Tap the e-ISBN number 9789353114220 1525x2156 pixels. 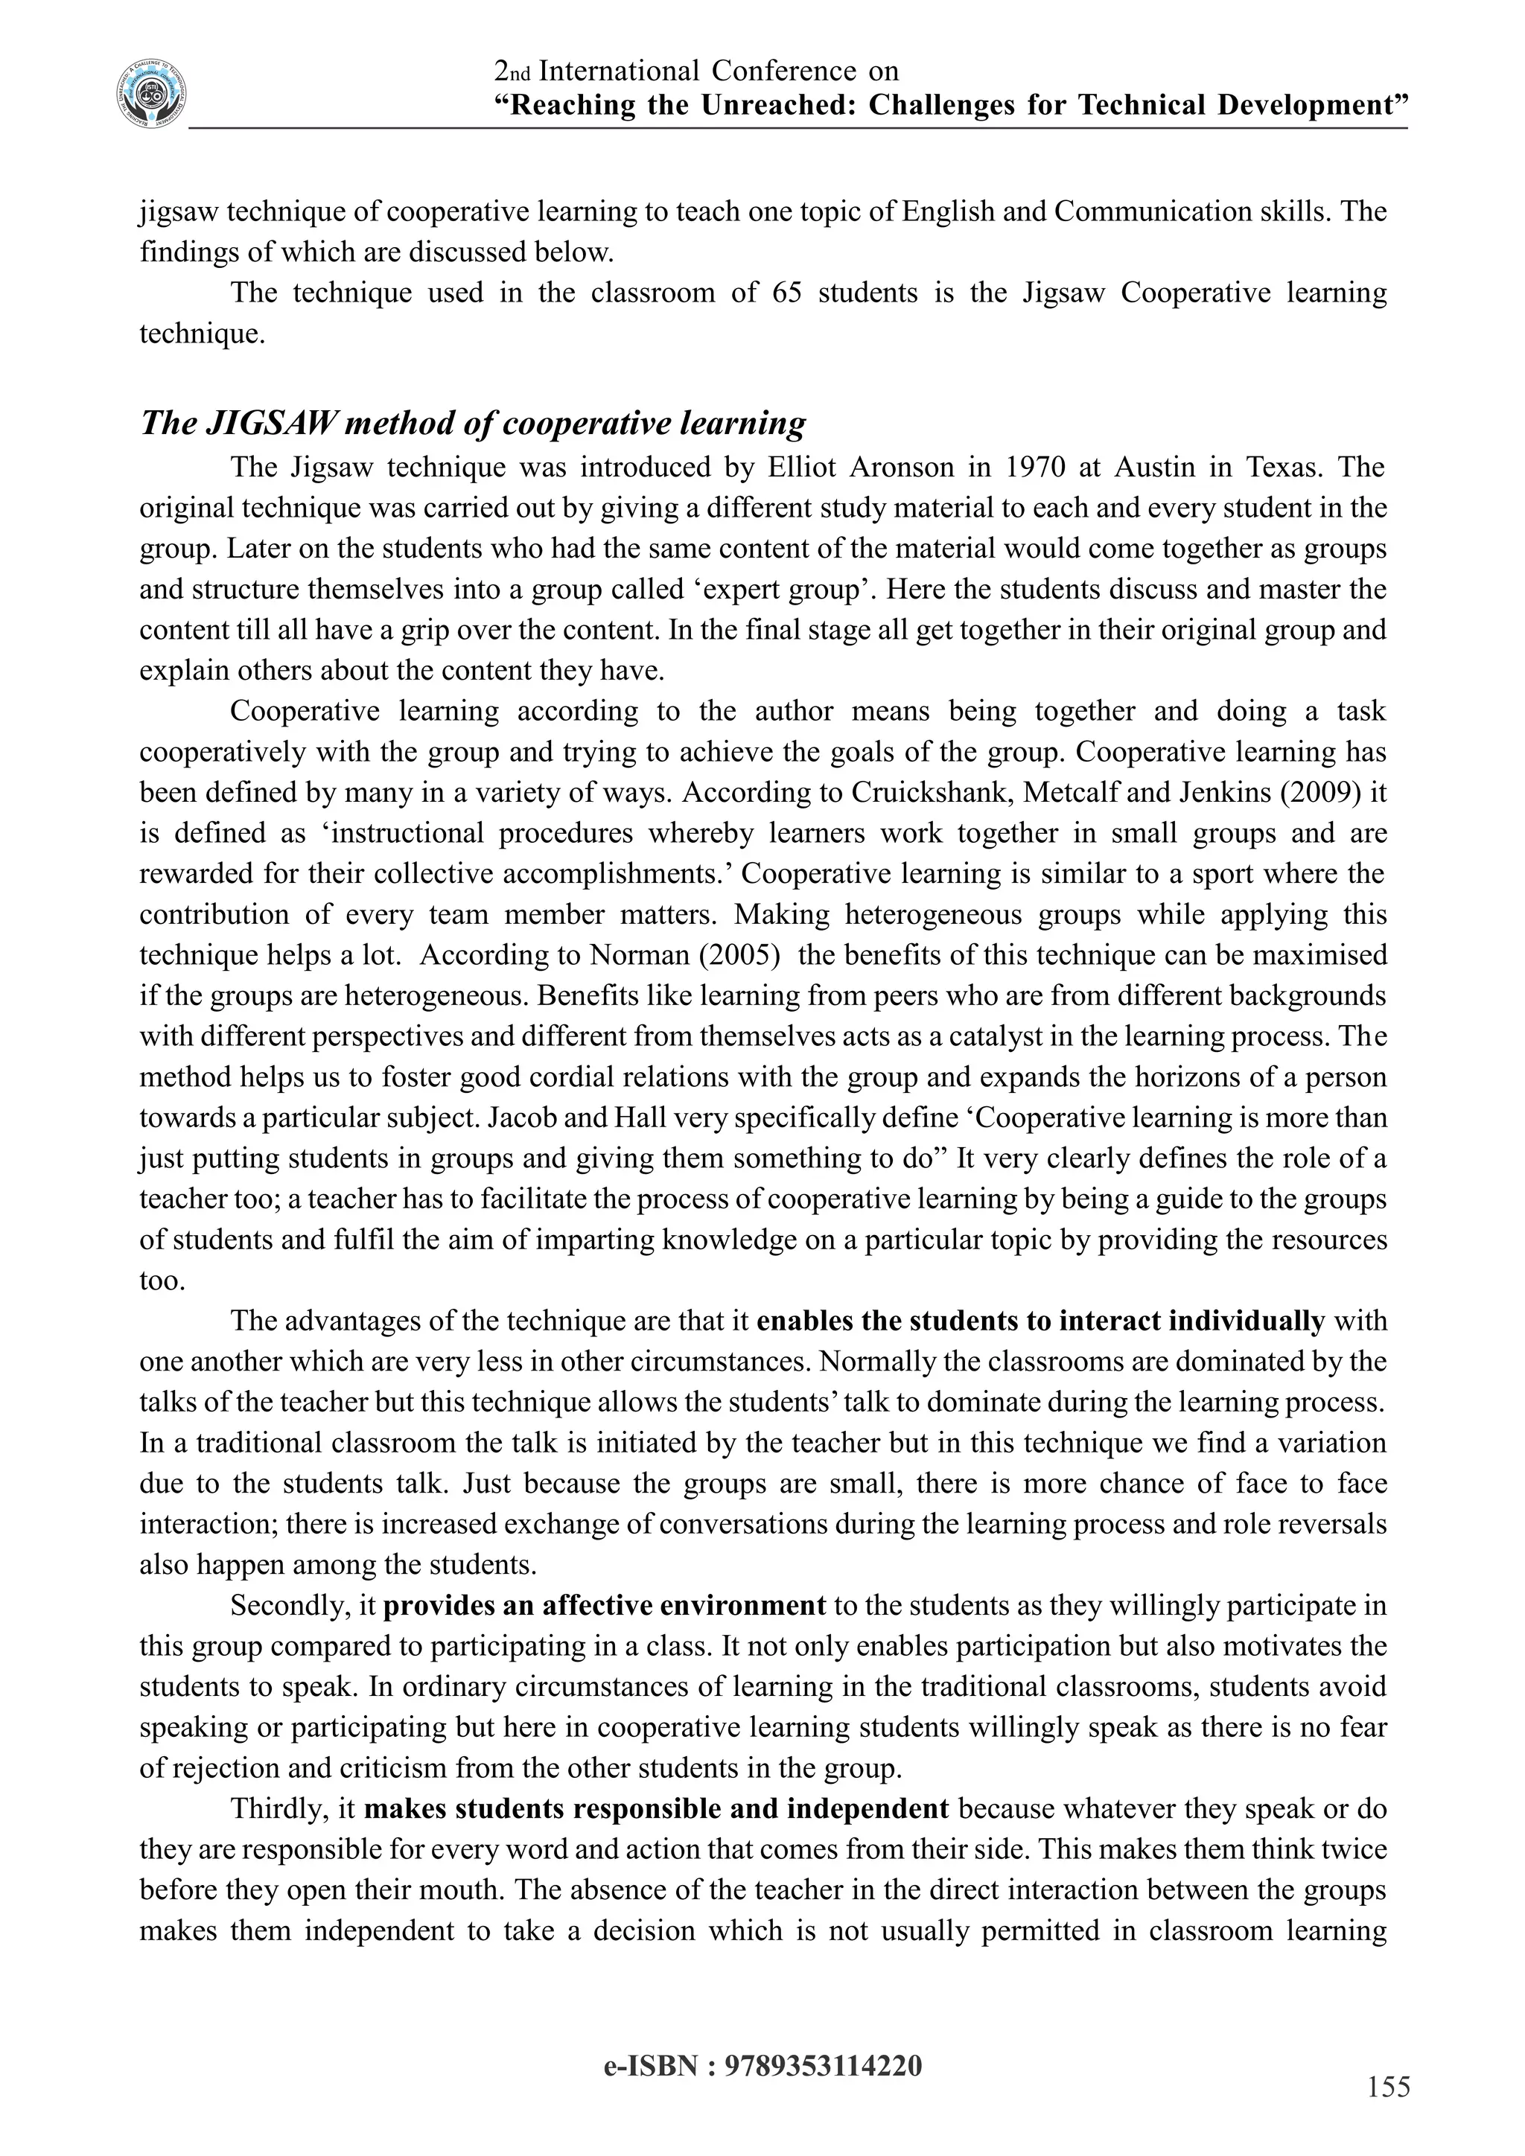(824, 2065)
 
